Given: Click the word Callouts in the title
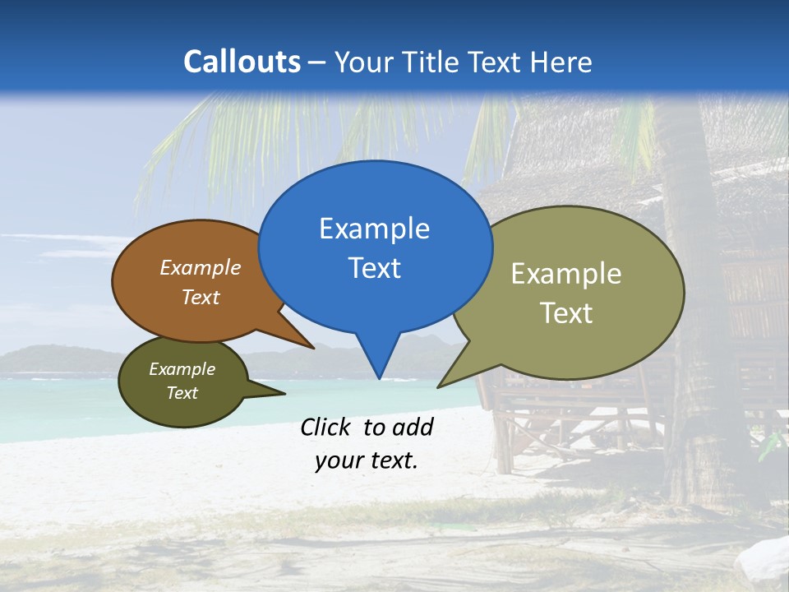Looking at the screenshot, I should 242,62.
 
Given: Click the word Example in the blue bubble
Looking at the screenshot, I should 374,229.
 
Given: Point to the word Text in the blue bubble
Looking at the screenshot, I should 374,268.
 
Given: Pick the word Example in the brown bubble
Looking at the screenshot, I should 201,267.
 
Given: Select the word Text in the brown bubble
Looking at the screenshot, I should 201,297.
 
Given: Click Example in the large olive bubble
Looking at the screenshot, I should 566,274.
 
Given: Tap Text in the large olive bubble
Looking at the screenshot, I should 566,313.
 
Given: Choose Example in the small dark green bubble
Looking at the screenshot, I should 182,369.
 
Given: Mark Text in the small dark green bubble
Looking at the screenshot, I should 182,393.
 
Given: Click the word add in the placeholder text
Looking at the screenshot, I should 413,427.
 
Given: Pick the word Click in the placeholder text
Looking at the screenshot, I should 327,427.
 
